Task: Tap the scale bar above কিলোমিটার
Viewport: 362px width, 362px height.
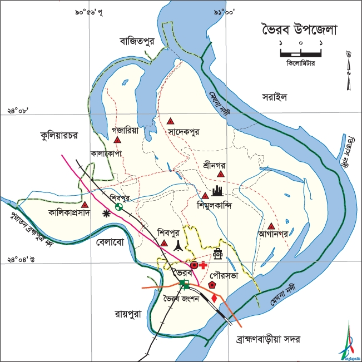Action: (301, 54)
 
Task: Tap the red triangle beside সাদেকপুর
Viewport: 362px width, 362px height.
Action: (171, 121)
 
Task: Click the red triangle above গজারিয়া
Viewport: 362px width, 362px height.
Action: (117, 139)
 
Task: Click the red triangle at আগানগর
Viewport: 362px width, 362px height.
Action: (270, 226)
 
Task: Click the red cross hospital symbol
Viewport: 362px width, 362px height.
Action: (203, 265)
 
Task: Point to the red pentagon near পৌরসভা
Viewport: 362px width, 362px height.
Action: (212, 284)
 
